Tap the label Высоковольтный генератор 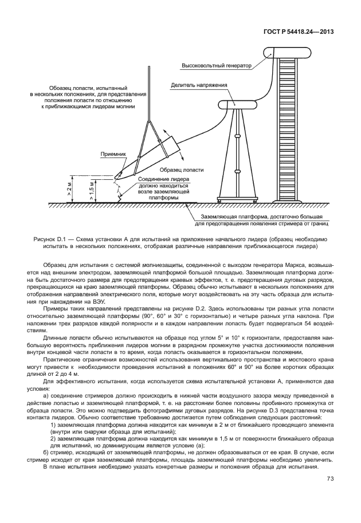[x=217, y=66]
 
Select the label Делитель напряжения [x=199, y=85]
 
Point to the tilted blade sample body [x=149, y=155]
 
